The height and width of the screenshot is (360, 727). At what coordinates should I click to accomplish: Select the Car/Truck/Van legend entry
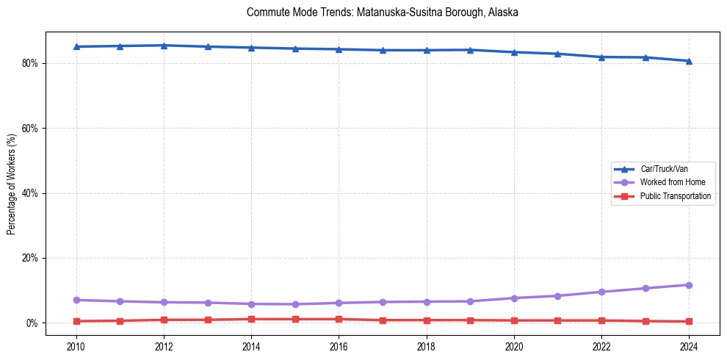[x=664, y=169]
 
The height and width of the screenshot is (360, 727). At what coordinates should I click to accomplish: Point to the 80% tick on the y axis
[x=32, y=63]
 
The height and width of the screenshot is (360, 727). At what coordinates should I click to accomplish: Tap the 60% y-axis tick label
[x=32, y=129]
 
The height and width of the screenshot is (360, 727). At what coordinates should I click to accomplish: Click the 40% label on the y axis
[x=32, y=193]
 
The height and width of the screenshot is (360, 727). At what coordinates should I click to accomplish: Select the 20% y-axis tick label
[x=32, y=259]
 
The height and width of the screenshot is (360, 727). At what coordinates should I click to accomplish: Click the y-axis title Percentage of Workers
[x=12, y=184]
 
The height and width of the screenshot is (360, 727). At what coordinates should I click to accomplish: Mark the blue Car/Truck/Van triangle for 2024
[x=689, y=61]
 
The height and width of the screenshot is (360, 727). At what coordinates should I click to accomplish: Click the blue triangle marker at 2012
[x=164, y=46]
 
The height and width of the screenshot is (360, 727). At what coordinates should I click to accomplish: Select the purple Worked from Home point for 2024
[x=689, y=285]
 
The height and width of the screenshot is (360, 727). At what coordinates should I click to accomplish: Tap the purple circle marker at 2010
[x=76, y=300]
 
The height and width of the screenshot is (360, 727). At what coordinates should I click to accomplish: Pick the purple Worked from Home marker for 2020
[x=514, y=298]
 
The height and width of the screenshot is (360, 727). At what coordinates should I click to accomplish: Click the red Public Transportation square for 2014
[x=251, y=320]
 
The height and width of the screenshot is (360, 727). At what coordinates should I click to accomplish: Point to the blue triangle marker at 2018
[x=427, y=50]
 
